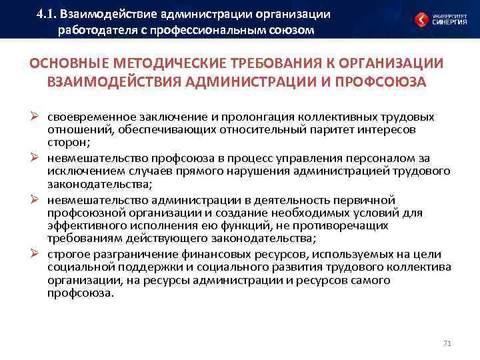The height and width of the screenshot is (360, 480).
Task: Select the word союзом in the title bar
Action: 291,30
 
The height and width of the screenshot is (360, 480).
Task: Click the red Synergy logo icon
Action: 421,19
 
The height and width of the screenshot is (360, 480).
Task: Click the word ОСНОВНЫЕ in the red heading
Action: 71,64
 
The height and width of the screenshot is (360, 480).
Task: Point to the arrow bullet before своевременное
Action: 37,116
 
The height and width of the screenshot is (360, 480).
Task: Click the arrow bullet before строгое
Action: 37,254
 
